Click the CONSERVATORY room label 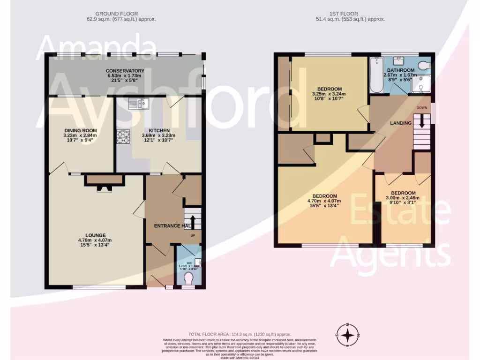[x=125, y=71]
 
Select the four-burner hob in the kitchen [x=123, y=137]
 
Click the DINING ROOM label [x=80, y=130]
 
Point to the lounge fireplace [x=105, y=184]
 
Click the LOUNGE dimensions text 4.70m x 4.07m [x=95, y=240]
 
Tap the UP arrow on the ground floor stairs [x=192, y=221]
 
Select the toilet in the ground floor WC [x=188, y=278]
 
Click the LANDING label [x=400, y=123]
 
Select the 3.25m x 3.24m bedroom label [x=330, y=89]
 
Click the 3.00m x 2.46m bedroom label [x=403, y=193]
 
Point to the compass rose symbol [x=347, y=335]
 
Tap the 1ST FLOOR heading [x=351, y=13]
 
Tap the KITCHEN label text [x=159, y=130]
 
